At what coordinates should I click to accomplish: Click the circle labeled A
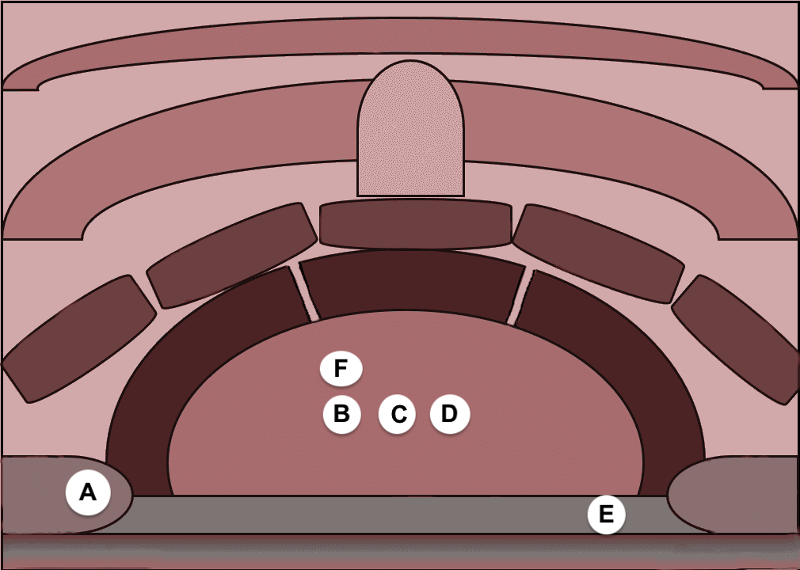point(88,492)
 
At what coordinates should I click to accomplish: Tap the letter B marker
point(342,414)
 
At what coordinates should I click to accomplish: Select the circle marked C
point(397,414)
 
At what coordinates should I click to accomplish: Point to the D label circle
point(449,413)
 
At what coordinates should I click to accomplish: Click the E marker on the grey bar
point(606,514)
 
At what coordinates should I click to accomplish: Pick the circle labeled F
point(341,368)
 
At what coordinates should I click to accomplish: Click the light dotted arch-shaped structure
point(411,128)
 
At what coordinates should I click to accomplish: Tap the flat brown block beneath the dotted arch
point(415,224)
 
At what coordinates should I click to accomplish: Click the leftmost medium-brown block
point(78,339)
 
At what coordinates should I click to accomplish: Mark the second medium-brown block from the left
point(232,255)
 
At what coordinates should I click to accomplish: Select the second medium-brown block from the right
point(599,253)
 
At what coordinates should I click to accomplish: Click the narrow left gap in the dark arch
point(305,293)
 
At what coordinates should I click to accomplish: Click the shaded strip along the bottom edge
point(400,551)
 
